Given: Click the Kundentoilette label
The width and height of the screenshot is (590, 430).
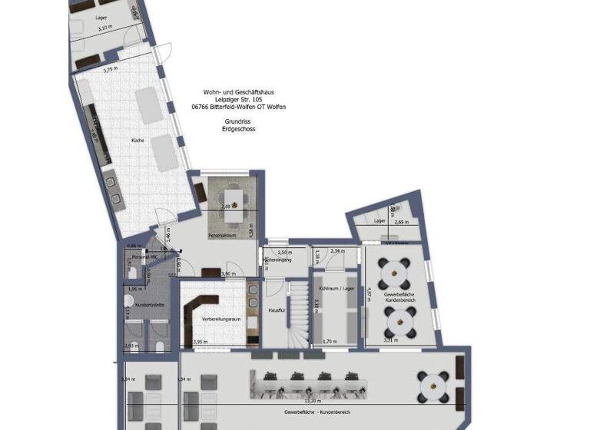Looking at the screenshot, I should pos(150,305).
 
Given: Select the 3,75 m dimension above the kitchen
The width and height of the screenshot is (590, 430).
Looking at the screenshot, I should pos(112,70).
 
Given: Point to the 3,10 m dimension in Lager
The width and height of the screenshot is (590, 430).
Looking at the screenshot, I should pos(105,28).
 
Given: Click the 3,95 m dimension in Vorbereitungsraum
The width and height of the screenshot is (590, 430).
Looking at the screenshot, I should pos(200,342).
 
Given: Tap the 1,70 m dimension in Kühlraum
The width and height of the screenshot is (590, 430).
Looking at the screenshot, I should pos(331,341).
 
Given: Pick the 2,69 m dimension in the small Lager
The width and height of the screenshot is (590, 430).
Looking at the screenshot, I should pos(399,223).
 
